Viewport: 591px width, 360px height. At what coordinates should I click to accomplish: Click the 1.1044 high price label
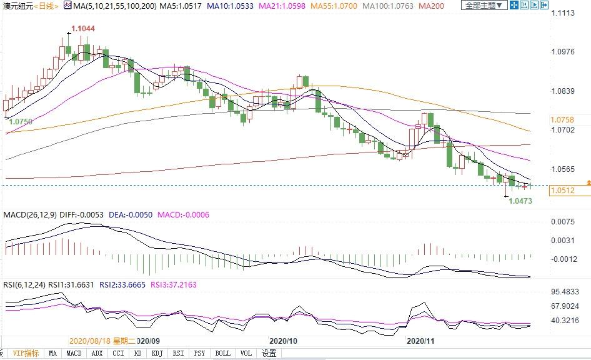83,29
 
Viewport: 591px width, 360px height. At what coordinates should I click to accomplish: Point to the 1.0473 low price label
520,201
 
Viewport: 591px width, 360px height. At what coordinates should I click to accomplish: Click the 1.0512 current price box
563,191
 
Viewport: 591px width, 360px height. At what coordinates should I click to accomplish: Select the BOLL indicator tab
222,353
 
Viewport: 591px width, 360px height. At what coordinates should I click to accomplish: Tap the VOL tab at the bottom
246,353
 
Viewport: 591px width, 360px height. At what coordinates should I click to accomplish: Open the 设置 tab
269,353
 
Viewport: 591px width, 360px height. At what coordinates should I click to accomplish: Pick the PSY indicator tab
199,353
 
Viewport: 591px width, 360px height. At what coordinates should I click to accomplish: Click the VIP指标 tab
26,353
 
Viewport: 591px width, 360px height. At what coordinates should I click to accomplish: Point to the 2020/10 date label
284,341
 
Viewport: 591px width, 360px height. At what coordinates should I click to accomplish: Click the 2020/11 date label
420,341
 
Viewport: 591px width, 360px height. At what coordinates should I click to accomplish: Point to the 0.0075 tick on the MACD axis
562,221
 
